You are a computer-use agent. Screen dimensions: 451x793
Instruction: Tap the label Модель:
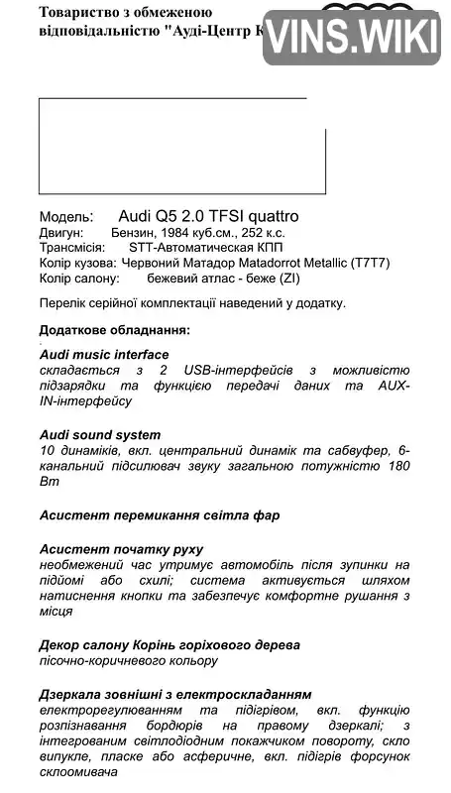click(66, 216)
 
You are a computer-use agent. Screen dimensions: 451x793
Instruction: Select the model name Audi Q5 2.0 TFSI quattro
click(208, 215)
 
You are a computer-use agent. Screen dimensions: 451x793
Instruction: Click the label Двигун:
click(61, 232)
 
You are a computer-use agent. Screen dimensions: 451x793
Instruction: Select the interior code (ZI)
click(288, 280)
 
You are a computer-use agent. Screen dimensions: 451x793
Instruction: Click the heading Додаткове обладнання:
click(115, 329)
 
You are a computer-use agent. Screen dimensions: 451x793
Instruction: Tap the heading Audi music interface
click(104, 354)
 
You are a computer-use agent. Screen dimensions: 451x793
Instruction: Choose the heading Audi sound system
click(100, 434)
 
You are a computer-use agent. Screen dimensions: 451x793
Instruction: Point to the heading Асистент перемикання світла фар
click(160, 515)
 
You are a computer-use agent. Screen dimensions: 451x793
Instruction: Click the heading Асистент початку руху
click(122, 548)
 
